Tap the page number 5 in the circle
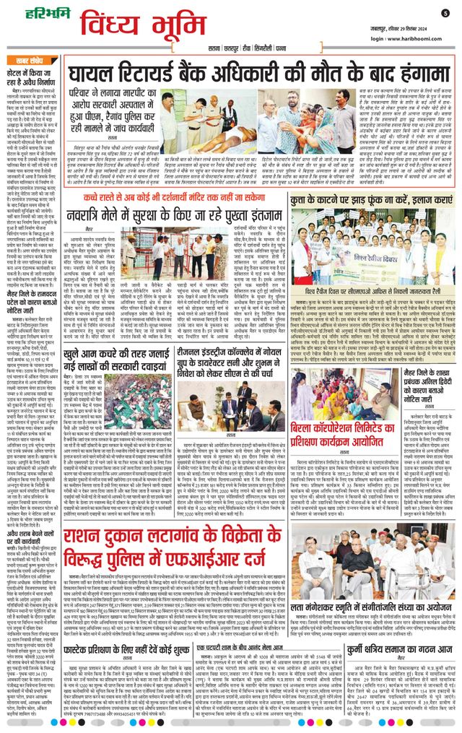pos(445,13)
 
